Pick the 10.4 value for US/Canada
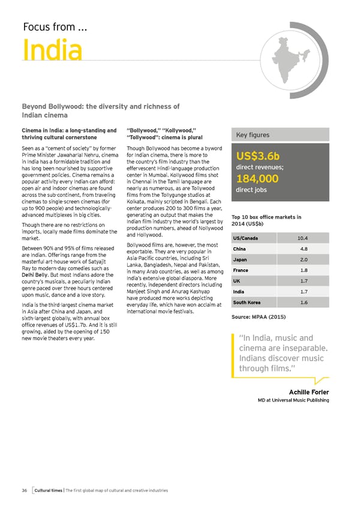[304, 239]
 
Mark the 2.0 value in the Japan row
[304, 260]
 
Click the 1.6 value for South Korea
[304, 303]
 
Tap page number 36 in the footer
[25, 490]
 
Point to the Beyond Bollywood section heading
[100, 110]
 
